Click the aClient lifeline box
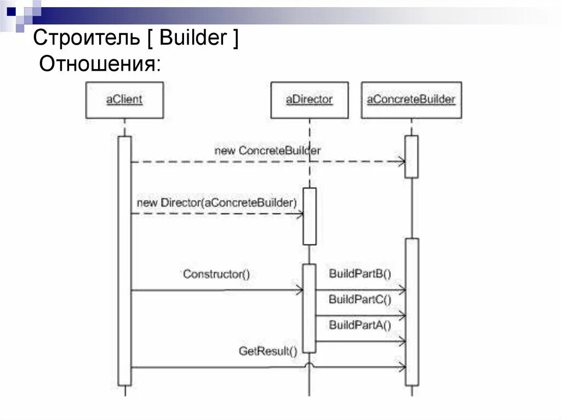coord(124,100)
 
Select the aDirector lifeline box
coord(310,100)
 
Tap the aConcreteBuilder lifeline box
coord(411,100)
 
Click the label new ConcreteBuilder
coord(267,150)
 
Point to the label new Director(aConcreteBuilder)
coord(217,203)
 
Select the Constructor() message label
coord(216,274)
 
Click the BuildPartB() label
coord(360,273)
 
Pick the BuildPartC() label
coord(360,299)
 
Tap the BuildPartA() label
coord(360,325)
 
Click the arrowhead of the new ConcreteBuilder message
coord(402,162)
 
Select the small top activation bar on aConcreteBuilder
coord(411,157)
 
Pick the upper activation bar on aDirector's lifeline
coord(310,216)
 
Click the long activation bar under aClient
coord(125,261)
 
